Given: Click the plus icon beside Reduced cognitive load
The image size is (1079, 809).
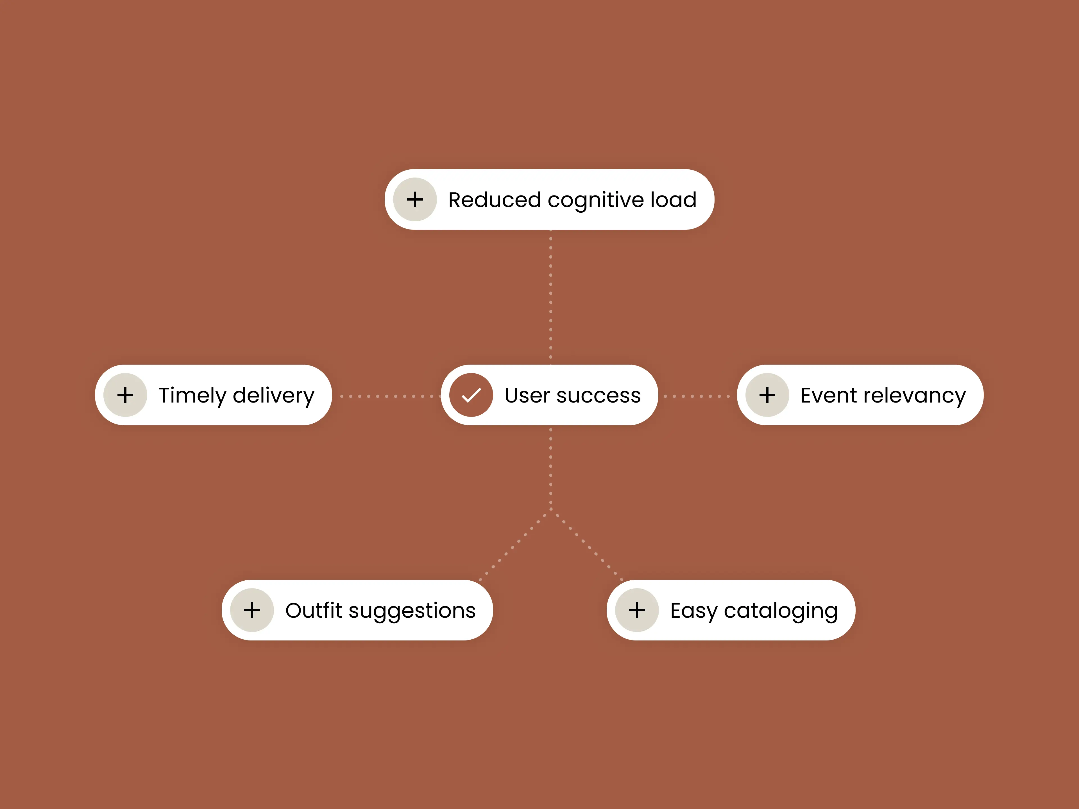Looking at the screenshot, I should click(x=415, y=199).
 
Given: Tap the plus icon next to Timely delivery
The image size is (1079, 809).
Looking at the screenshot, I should click(x=125, y=395).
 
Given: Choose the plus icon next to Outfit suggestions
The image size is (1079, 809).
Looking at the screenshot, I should click(x=252, y=610).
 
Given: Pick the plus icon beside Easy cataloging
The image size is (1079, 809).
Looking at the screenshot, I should click(x=636, y=610).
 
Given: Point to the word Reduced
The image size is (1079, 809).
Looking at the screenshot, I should click(x=495, y=200).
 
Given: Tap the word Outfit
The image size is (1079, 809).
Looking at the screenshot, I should click(x=314, y=610).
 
